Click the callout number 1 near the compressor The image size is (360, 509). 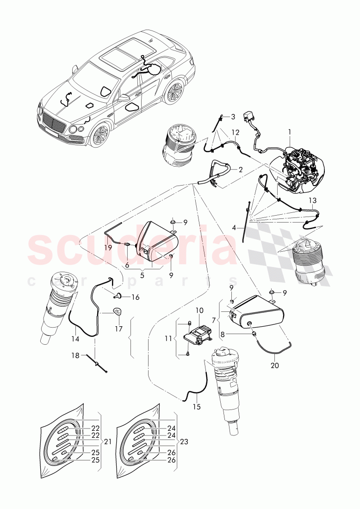pos(290,132)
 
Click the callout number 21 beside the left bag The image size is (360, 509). pos(107,441)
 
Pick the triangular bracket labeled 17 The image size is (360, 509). pos(118,313)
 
